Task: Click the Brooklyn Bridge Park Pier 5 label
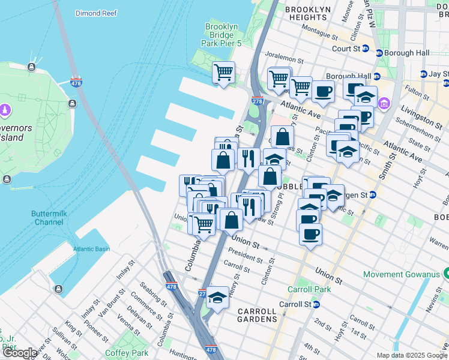[x=222, y=35]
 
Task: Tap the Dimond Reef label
[x=97, y=12]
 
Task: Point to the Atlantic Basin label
[x=92, y=249]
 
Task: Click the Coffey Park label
[x=126, y=353]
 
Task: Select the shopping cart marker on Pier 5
[x=224, y=73]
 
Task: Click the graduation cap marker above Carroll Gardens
[x=217, y=297]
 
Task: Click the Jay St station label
[x=439, y=74]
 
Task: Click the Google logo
[x=20, y=353]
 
